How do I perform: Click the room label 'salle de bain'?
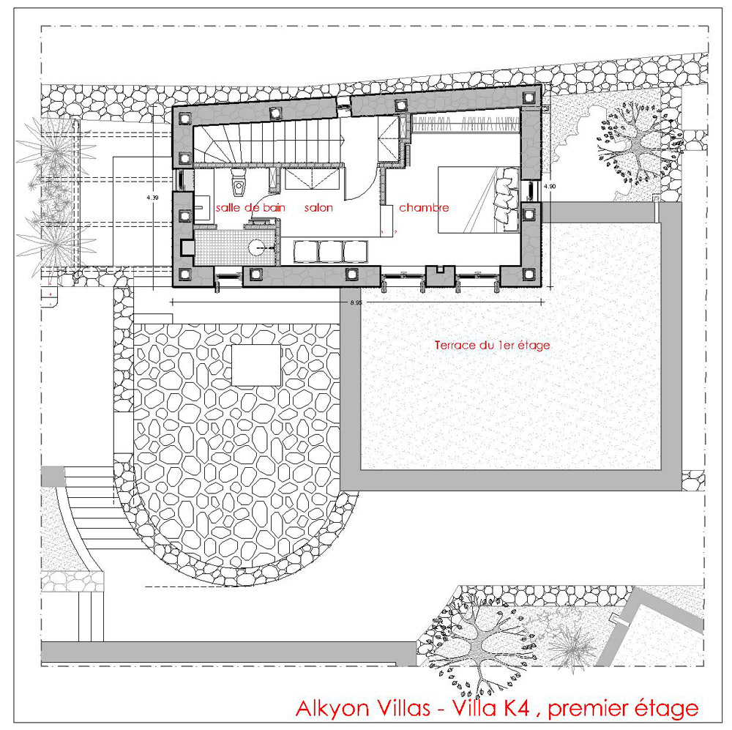click(250, 207)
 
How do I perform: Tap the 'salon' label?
click(319, 207)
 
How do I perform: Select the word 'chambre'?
click(424, 207)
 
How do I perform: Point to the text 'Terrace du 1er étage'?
click(492, 345)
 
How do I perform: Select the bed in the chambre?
click(478, 199)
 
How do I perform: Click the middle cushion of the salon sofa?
click(331, 251)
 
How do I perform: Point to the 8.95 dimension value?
click(356, 302)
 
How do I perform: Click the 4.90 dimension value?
click(550, 186)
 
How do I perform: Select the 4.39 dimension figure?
click(152, 198)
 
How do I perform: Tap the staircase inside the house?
click(267, 140)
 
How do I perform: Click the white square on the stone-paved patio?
click(256, 365)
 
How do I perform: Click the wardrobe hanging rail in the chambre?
click(466, 124)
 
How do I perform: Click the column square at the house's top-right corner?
click(529, 97)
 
